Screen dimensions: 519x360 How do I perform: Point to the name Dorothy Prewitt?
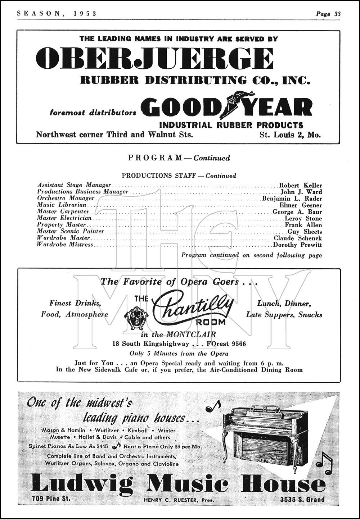click(x=298, y=245)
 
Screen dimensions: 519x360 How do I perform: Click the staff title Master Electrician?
click(x=64, y=218)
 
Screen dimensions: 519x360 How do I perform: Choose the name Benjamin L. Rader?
click(x=292, y=199)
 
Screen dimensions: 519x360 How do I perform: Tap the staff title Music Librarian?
click(x=62, y=205)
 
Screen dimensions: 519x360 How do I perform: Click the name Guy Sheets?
click(x=305, y=232)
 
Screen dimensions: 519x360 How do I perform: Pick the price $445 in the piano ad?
click(x=102, y=446)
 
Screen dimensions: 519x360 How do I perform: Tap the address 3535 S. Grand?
click(x=302, y=499)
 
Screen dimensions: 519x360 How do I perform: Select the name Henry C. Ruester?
click(x=164, y=500)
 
